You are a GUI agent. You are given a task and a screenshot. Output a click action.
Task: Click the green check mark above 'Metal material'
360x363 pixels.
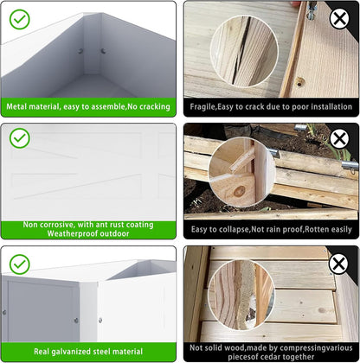tap(20, 19)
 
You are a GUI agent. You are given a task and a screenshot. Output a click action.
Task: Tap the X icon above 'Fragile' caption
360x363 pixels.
tap(339, 19)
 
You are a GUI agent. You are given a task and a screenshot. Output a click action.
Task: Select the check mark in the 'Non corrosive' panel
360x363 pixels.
tap(20, 138)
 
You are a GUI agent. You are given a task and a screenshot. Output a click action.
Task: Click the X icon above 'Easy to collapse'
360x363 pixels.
tap(339, 139)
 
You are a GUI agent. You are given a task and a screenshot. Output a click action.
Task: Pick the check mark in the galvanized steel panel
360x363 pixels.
tap(20, 264)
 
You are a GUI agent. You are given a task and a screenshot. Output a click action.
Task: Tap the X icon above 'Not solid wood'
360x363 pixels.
tap(338, 264)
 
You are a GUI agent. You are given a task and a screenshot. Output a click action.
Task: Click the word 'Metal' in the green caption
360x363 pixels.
tap(16, 106)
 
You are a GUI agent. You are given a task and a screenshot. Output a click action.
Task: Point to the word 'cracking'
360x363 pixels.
tap(155, 106)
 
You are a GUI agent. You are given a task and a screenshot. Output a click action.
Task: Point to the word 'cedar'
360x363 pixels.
tap(273, 357)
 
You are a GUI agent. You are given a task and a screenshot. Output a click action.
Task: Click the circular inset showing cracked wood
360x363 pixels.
tap(244, 51)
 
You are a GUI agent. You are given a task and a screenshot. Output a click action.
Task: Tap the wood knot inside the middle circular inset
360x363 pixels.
tap(239, 191)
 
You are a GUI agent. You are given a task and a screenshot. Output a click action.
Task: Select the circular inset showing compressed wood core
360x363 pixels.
tap(241, 294)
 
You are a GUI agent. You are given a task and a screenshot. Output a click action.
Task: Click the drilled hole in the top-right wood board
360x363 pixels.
tap(300, 83)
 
